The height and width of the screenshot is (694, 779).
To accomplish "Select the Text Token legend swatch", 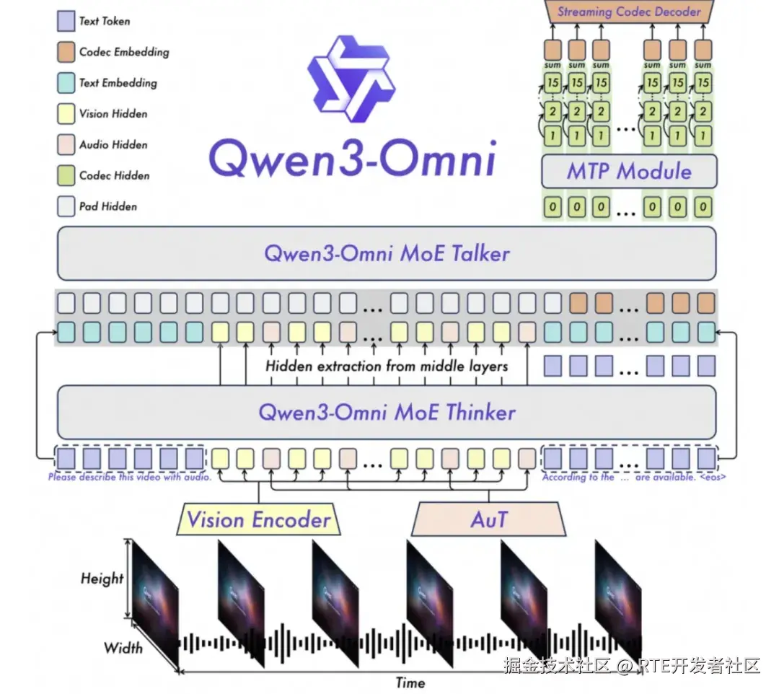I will tap(66, 21).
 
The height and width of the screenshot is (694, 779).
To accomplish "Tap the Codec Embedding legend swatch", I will tap(66, 52).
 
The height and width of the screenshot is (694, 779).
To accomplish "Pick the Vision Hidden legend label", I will tap(113, 114).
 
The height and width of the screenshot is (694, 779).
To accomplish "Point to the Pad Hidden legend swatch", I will tap(66, 206).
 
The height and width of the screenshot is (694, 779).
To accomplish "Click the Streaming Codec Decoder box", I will tap(629, 12).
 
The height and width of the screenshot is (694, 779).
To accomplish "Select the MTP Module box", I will tap(629, 172).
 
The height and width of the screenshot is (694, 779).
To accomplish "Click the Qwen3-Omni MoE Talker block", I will tap(387, 254).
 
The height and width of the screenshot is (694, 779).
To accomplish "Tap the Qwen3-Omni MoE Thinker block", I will tap(387, 413).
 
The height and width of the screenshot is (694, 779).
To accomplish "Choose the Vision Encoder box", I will tap(258, 520).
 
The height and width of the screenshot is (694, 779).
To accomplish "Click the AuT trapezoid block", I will tap(489, 520).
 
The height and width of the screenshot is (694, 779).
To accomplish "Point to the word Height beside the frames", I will tap(102, 578).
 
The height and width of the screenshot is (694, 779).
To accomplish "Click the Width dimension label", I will tap(123, 647).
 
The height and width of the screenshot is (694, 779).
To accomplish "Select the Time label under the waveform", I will tap(410, 682).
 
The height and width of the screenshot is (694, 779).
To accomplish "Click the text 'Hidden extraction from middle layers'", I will tap(387, 366).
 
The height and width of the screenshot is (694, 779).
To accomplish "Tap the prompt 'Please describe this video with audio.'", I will tap(130, 478).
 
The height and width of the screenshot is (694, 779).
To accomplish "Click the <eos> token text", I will tap(712, 478).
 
